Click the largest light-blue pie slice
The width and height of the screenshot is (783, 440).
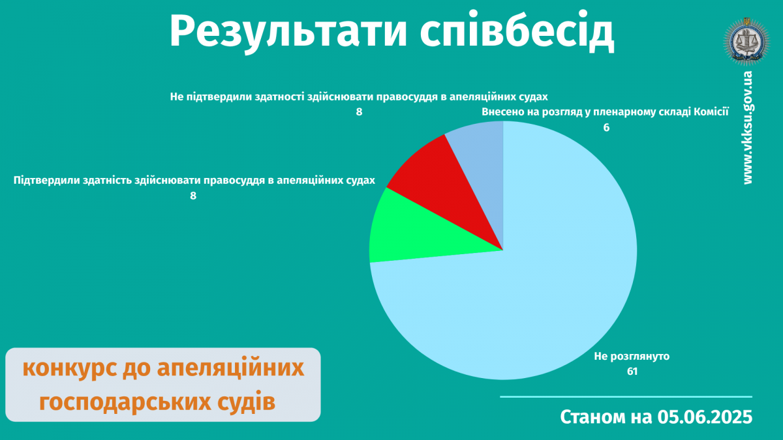coord(525,301)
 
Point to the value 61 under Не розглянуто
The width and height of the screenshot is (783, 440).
coord(632,371)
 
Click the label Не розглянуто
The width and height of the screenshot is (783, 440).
coord(632,357)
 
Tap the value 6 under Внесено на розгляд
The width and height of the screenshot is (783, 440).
coord(606,128)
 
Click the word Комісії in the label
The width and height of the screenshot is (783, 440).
coord(711,111)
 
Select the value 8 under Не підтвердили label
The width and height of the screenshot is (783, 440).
coord(359,111)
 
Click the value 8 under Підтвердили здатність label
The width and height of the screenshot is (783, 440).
coord(193,196)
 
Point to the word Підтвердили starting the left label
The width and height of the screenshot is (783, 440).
coord(46,181)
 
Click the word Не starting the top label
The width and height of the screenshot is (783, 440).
coord(177,96)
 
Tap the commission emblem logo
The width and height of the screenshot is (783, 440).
coord(746,41)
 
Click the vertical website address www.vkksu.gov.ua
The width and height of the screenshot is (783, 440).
coord(747,128)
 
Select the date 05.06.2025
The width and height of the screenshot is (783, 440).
coord(705,417)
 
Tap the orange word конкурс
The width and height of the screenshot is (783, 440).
coord(70,368)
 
